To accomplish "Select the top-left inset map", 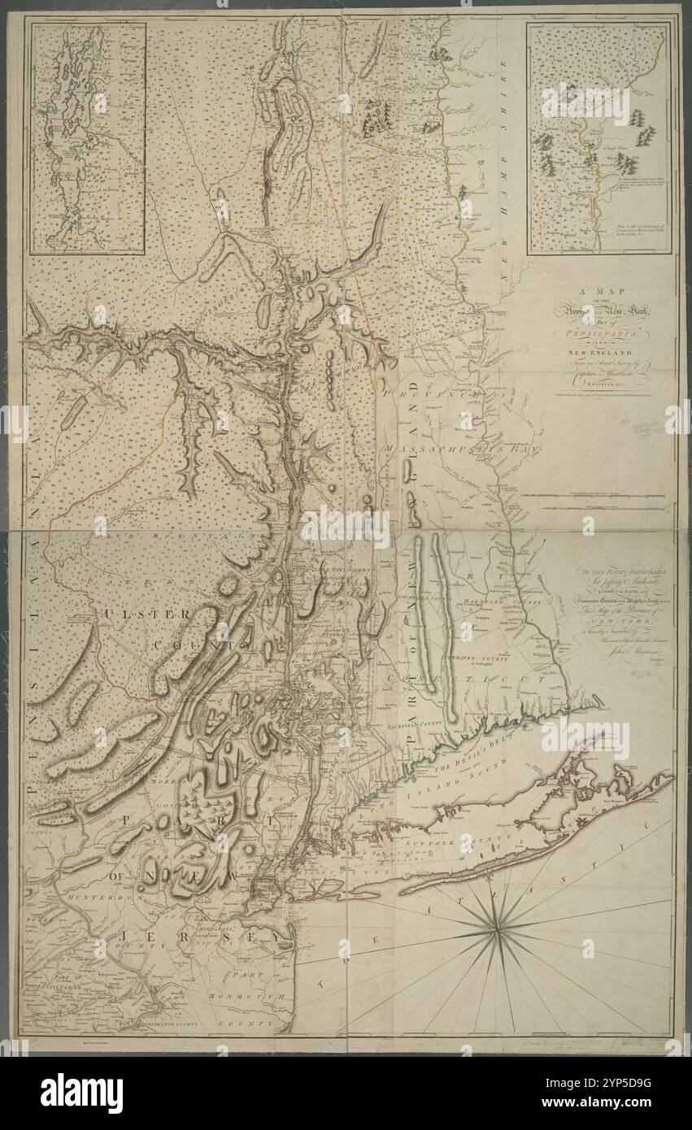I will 89,138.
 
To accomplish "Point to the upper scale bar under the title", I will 594,495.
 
